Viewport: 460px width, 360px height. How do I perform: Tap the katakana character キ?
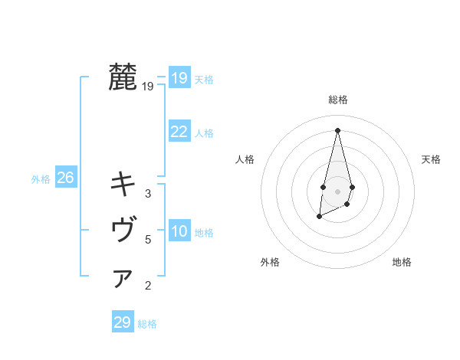(123, 184)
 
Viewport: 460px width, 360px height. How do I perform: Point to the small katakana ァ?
(123, 279)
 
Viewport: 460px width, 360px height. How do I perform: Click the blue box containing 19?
(179, 78)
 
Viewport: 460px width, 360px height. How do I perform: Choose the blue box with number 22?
(179, 132)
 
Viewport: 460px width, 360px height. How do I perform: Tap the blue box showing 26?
(65, 178)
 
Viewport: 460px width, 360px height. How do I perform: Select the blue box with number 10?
(179, 231)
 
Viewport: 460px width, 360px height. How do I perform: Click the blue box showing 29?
(122, 322)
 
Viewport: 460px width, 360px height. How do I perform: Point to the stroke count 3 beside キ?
(148, 194)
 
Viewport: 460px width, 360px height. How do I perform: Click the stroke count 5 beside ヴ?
(148, 240)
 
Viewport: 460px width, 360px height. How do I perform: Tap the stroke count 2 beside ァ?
(148, 286)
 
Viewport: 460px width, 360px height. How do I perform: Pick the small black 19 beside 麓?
(148, 87)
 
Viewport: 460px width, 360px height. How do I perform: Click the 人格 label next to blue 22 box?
(204, 133)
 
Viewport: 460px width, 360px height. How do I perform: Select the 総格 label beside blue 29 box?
(147, 324)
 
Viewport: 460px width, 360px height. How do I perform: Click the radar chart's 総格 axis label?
(337, 100)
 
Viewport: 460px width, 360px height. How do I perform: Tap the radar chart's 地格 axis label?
(402, 262)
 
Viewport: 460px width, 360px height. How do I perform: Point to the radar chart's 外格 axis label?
(270, 262)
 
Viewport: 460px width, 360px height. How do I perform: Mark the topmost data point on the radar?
(337, 129)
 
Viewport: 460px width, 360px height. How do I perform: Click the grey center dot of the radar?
(337, 191)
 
